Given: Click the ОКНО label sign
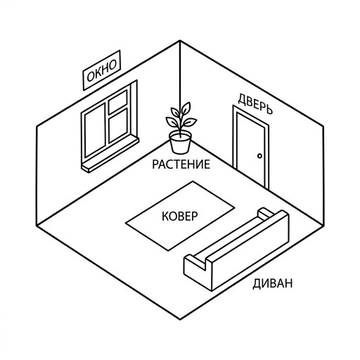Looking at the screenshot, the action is [x=102, y=70].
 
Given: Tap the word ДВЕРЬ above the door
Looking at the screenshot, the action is [x=255, y=104].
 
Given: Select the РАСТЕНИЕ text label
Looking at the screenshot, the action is [x=181, y=164].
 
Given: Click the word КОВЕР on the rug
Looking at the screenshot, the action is [x=180, y=216].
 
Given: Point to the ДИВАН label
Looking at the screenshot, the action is [x=273, y=283].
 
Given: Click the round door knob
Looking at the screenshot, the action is [x=259, y=155].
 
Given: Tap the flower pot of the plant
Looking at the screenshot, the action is [x=180, y=143].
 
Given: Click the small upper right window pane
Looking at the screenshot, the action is [x=118, y=102].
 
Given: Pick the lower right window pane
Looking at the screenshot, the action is [x=118, y=126].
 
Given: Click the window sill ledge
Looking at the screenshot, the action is [x=110, y=155].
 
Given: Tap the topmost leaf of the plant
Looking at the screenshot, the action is [x=186, y=108].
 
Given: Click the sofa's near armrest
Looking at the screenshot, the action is [x=195, y=264].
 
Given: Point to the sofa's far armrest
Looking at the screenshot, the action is [x=266, y=213].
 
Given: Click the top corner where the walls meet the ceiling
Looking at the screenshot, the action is [x=180, y=41].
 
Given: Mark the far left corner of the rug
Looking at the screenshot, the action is [x=126, y=223].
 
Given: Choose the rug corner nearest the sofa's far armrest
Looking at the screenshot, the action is [x=235, y=207].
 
